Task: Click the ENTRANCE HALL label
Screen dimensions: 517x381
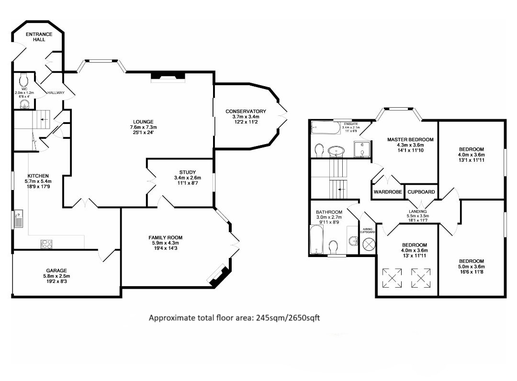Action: tap(39, 36)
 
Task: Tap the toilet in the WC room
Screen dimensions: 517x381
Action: tap(24, 79)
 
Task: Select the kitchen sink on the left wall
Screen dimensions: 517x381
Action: tap(18, 219)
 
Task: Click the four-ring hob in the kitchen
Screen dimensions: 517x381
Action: tap(46, 244)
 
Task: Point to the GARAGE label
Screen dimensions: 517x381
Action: tap(56, 270)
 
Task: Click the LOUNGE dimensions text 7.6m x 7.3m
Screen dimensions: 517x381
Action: tap(143, 127)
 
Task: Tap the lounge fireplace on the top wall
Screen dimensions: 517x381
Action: tap(168, 77)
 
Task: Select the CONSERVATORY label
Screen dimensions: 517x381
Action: tap(246, 112)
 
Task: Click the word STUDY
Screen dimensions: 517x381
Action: tap(187, 172)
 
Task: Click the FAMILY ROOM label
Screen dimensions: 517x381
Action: tap(165, 237)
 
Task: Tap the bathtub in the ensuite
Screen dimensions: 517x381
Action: tap(326, 128)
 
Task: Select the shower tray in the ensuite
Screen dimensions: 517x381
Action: tap(362, 149)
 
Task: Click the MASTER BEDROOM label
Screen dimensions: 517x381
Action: tap(410, 139)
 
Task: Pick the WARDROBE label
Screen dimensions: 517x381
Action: tap(388, 192)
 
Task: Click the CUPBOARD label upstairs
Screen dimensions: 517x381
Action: tap(421, 192)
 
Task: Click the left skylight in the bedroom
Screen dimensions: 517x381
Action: tap(392, 278)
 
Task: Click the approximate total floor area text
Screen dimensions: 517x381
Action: tap(234, 318)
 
